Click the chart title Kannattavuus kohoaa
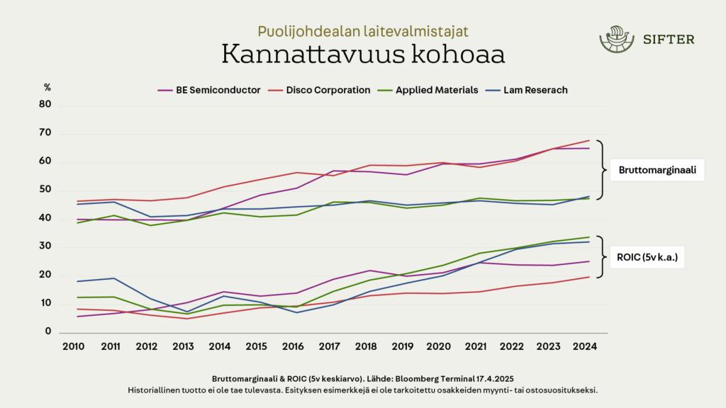tap(362, 55)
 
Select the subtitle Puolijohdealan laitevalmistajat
tap(362, 31)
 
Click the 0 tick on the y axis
tap(48, 331)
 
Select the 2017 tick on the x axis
tap(330, 346)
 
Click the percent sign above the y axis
tap(48, 88)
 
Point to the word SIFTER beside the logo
tap(669, 40)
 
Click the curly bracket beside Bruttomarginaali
tap(601, 170)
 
